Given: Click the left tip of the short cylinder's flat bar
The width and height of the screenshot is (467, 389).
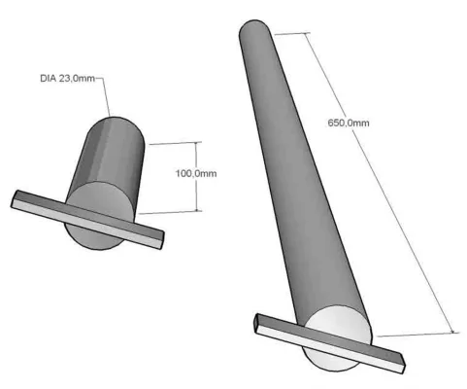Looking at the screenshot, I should coord(17,198).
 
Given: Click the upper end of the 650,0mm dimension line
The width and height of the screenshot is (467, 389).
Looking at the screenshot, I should coord(308,34).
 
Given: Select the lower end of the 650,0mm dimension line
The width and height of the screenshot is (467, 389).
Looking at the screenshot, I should coord(452,332).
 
